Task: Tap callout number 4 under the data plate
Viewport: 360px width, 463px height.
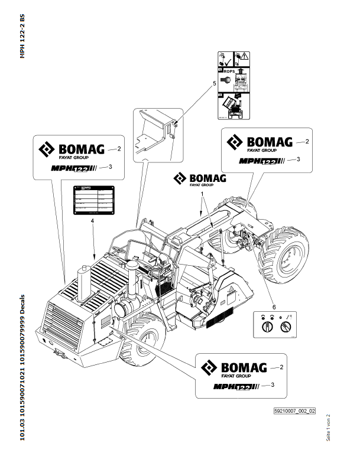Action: pyautogui.click(x=92, y=220)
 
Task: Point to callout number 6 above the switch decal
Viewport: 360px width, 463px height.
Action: pyautogui.click(x=274, y=306)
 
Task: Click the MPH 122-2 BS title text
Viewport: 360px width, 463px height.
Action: pyautogui.click(x=22, y=36)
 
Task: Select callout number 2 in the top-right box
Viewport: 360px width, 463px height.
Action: pyautogui.click(x=307, y=142)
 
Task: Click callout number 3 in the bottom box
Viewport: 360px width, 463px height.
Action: pyautogui.click(x=272, y=385)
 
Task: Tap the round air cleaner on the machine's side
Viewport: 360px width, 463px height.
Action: pyautogui.click(x=125, y=308)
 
